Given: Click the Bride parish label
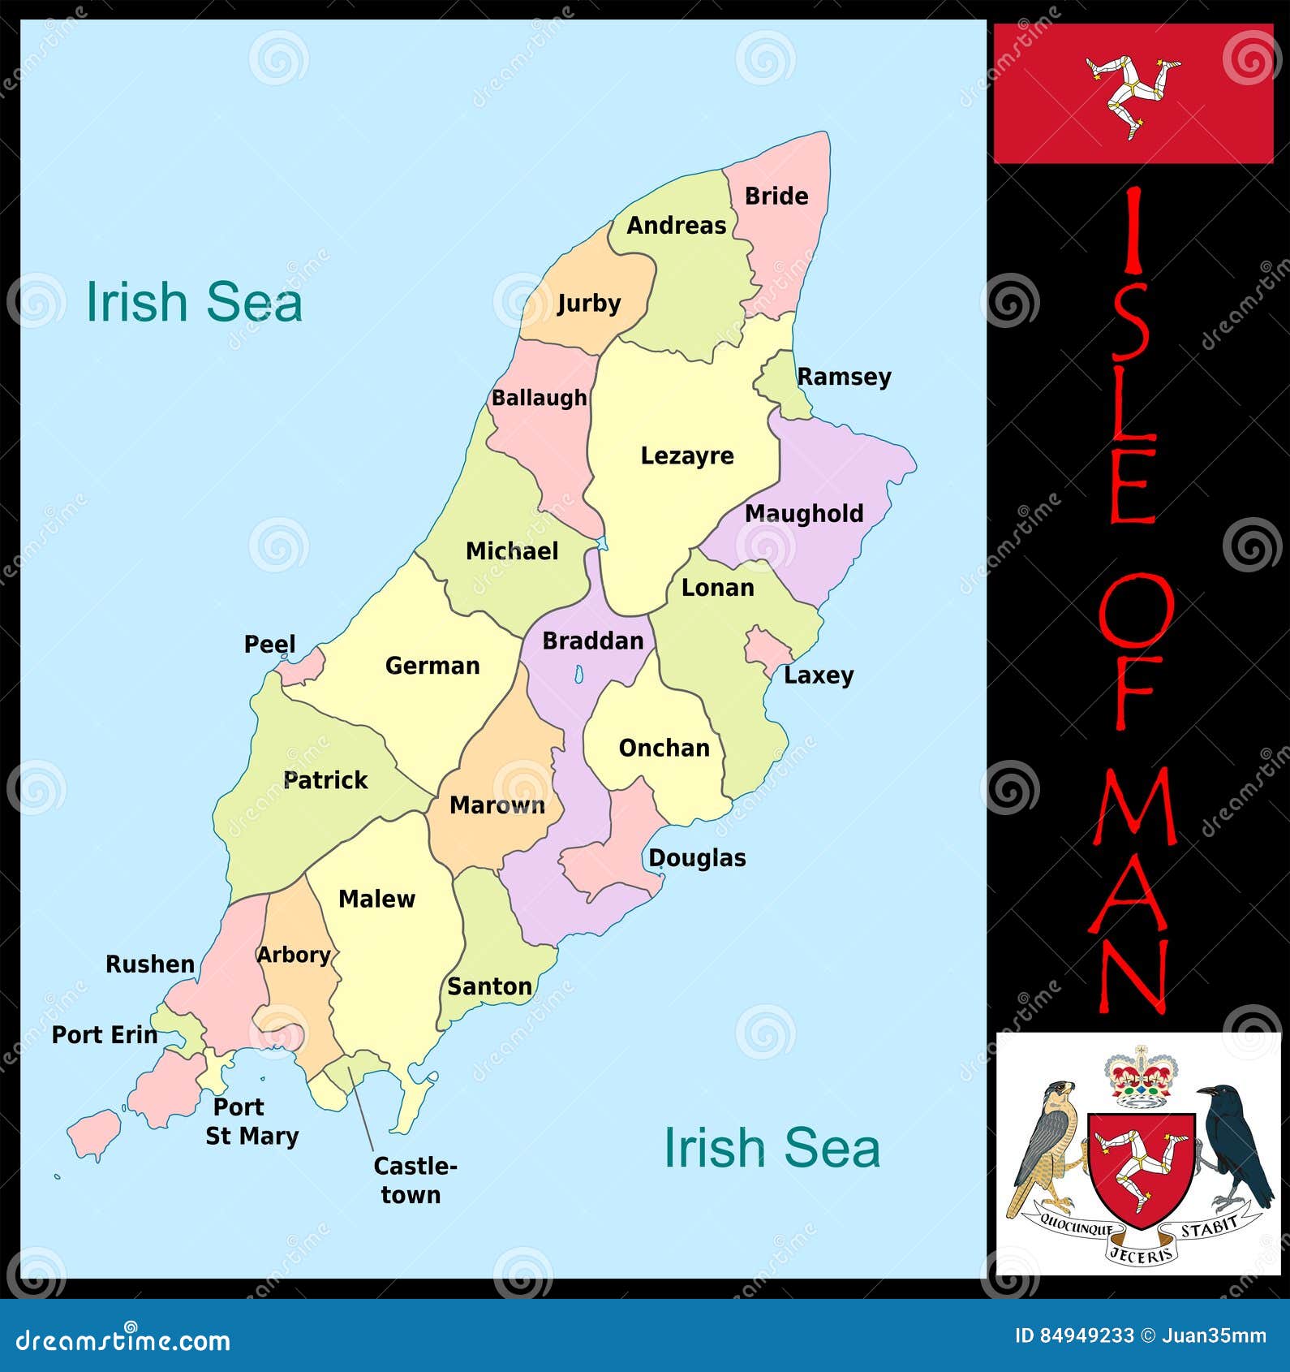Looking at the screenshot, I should [776, 196].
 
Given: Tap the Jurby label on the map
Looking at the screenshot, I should [588, 304].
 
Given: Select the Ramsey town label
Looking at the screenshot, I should [844, 377].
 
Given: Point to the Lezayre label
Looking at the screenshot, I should [687, 455].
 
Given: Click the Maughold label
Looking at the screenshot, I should [803, 514].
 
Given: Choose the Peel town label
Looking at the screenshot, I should [269, 645].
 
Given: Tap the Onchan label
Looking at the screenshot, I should [664, 748].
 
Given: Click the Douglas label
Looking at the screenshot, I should [697, 858].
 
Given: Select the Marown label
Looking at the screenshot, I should [497, 805].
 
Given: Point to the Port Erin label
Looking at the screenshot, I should [105, 1035].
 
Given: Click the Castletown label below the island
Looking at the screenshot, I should [414, 1180].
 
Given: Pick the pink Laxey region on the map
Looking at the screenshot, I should [766, 649].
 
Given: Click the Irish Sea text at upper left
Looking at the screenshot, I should [194, 302].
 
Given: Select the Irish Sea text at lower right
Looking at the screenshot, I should [772, 1148].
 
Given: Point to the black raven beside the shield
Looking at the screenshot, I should [1235, 1145].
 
